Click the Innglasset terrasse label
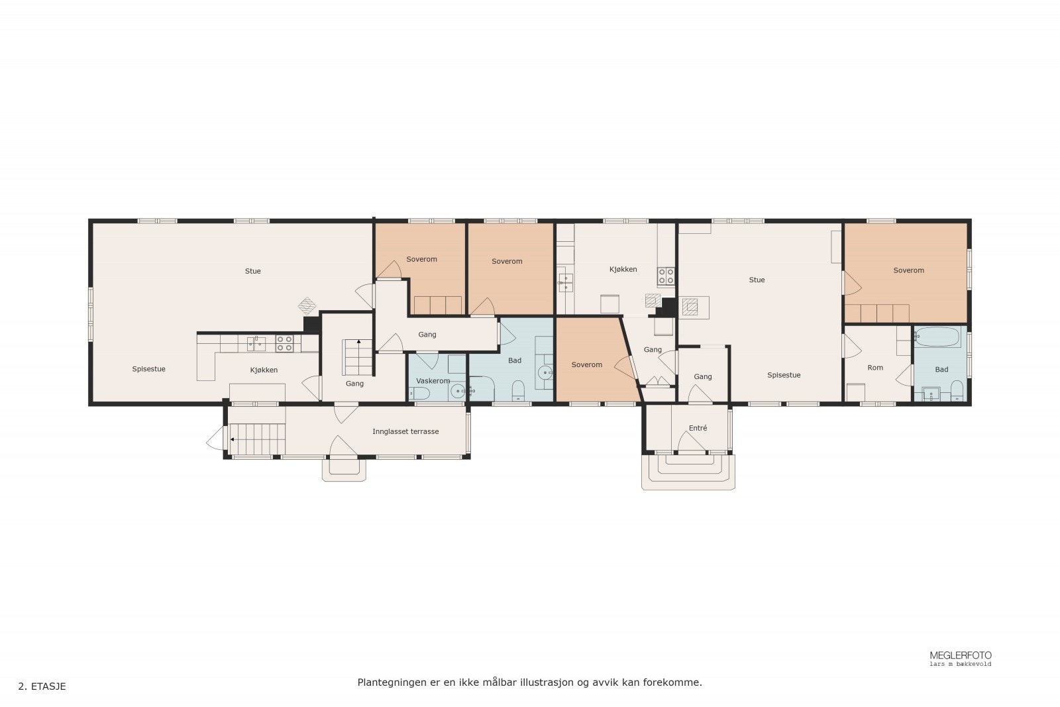(x=405, y=431)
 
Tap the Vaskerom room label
(x=433, y=380)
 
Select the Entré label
(x=698, y=428)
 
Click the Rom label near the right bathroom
(x=875, y=368)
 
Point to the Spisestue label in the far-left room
(x=148, y=369)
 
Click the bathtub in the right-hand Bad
(x=937, y=337)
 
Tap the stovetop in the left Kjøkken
(x=284, y=344)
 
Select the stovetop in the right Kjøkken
(x=666, y=276)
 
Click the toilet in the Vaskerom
(x=419, y=393)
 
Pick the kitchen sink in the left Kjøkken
(x=256, y=344)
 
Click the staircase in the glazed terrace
(x=258, y=439)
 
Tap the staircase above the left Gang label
(x=358, y=358)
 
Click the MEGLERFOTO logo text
(x=961, y=655)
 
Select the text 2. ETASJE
(x=42, y=686)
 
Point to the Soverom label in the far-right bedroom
(x=908, y=271)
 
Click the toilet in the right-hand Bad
(x=957, y=391)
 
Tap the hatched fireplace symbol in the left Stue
(x=307, y=305)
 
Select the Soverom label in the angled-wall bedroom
(x=587, y=365)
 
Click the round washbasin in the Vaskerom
(x=458, y=392)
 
